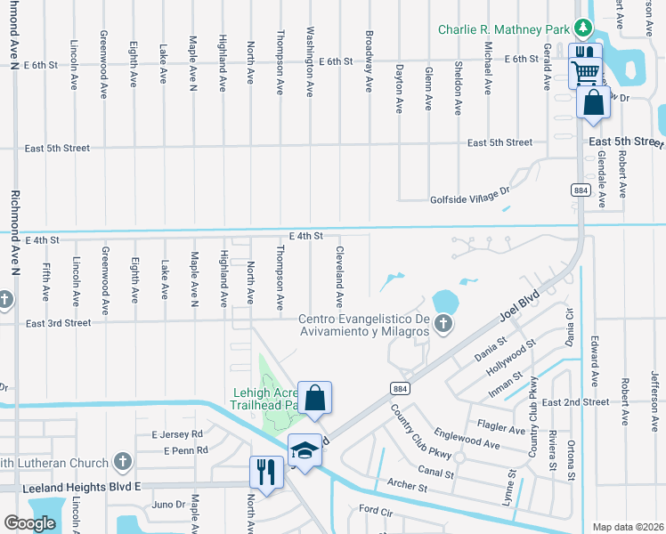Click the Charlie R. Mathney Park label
(x=503, y=29)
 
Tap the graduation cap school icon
(x=304, y=450)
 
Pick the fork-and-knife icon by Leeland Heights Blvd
(x=265, y=472)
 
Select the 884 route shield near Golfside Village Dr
(x=580, y=190)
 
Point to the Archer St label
(x=407, y=487)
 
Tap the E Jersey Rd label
(x=177, y=434)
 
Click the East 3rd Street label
(x=58, y=323)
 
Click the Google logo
(x=29, y=522)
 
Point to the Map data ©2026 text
(x=628, y=527)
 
